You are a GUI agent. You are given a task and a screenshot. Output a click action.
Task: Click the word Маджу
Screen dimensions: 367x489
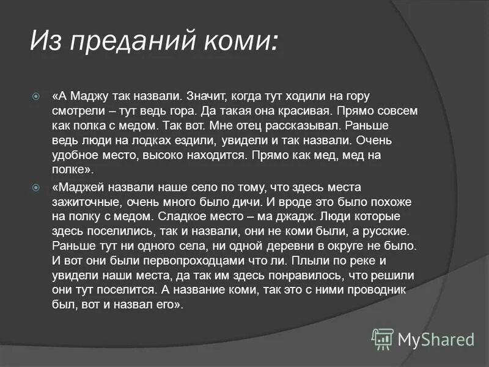coord(88,97)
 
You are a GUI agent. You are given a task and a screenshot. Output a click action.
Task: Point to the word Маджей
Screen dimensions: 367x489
coord(81,187)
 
